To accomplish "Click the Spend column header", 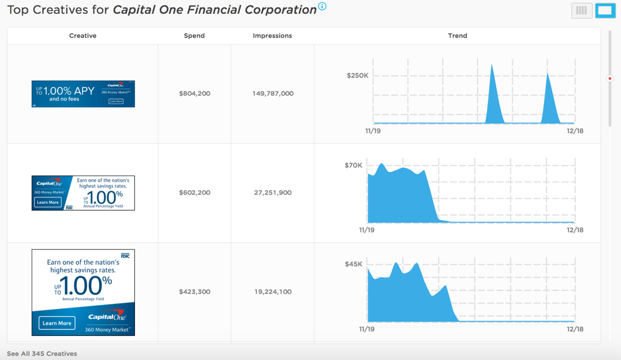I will pos(194,36).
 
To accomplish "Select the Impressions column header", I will pos(272,36).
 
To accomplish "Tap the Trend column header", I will pos(457,36).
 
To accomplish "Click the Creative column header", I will pos(83,36).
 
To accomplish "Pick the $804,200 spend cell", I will pos(194,94).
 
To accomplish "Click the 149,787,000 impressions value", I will pos(273,94).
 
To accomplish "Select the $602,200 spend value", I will pos(194,193).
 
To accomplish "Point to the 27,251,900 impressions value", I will pos(273,193).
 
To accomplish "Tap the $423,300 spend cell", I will pos(194,292).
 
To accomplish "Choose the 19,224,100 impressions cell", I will pos(273,292).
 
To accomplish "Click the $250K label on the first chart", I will pos(357,76).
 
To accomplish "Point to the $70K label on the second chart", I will pos(353,166).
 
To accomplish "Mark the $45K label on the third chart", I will pos(353,264).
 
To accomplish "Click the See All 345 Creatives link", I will pos(42,354).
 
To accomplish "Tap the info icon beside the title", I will pos(322,6).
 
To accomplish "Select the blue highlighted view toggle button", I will pos(605,11).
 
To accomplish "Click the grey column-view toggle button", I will pos(581,11).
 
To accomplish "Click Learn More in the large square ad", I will pos(57,323).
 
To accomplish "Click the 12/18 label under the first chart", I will pos(575,131).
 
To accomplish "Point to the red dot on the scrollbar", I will pos(610,78).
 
